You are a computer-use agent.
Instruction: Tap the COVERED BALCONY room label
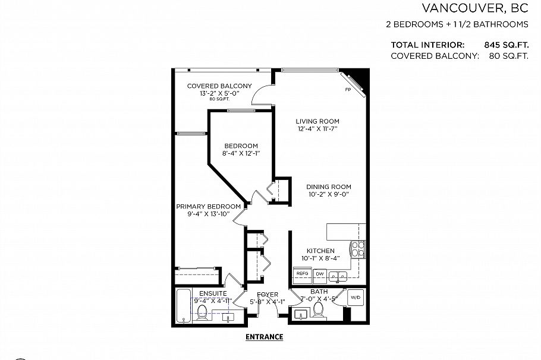219,86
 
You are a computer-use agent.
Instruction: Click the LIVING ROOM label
318,121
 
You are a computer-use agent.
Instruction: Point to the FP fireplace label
348,90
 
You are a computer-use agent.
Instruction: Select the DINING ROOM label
329,187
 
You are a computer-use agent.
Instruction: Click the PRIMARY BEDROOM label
208,206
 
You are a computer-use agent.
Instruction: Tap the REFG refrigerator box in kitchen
302,274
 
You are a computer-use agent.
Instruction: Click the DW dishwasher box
320,274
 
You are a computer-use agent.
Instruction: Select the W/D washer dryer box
356,297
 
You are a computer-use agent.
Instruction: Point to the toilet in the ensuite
202,312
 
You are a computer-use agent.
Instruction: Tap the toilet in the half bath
319,308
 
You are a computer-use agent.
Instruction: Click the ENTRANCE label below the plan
264,337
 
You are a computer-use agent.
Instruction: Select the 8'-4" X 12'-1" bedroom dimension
241,153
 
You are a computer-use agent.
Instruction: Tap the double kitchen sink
339,275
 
